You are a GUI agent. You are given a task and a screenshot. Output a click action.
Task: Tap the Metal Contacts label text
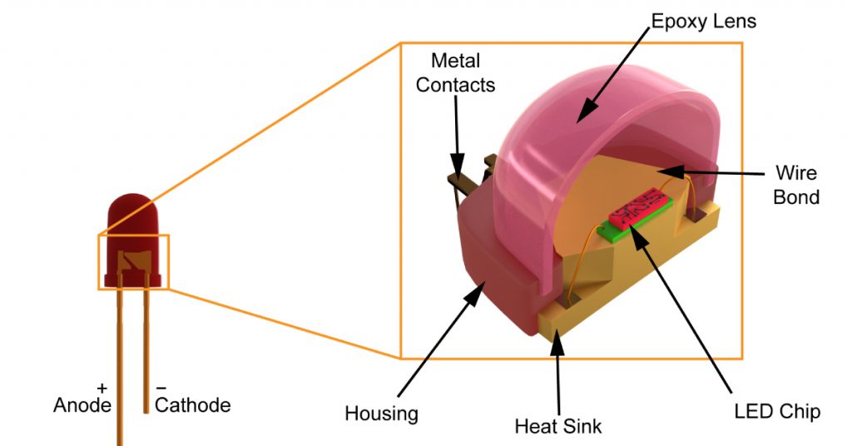pyautogui.click(x=455, y=72)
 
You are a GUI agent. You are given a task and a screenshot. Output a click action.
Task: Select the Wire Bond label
pyautogui.click(x=796, y=185)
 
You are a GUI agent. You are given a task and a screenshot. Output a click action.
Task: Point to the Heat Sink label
pyautogui.click(x=557, y=427)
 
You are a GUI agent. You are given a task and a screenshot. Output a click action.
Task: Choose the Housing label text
pyautogui.click(x=381, y=414)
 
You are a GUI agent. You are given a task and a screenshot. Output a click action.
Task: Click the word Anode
pyautogui.click(x=82, y=405)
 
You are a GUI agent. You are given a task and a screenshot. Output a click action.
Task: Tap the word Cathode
pyautogui.click(x=192, y=405)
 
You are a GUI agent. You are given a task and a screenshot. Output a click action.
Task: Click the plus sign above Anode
pyautogui.click(x=102, y=388)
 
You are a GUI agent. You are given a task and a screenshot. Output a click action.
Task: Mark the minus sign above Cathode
pyautogui.click(x=161, y=388)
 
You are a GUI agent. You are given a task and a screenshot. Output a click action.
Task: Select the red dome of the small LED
pyautogui.click(x=131, y=215)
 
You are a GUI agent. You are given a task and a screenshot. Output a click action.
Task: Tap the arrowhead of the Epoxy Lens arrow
pyautogui.click(x=583, y=112)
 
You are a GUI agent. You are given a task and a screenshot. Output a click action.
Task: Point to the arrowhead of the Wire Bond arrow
pyautogui.click(x=661, y=171)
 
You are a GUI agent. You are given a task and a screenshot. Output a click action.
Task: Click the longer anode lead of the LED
pyautogui.click(x=120, y=366)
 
